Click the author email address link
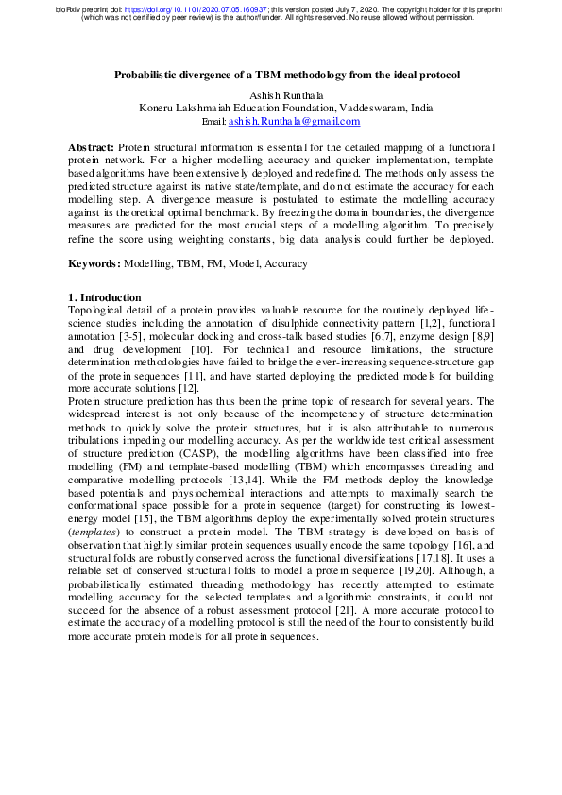coord(294,122)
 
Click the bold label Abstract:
coord(92,149)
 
